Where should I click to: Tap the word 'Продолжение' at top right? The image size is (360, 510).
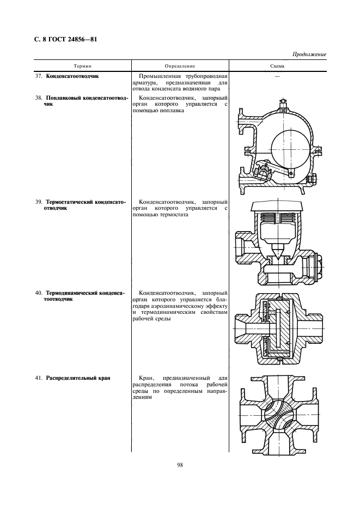(309, 54)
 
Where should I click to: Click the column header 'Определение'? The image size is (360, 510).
(179, 66)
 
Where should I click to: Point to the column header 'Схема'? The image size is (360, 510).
(277, 66)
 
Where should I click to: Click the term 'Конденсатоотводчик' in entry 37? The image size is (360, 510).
(72, 76)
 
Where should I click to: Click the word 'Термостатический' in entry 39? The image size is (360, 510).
(71, 201)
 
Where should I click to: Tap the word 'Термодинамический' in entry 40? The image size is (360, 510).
(72, 293)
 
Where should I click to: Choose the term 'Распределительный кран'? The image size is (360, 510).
(78, 378)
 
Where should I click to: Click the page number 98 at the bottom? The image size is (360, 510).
(180, 464)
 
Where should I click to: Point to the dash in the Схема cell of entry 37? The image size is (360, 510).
(277, 77)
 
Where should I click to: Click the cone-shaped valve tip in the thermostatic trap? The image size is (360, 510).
(278, 252)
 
